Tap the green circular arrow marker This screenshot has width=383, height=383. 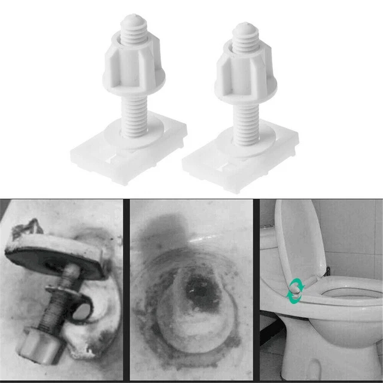pyautogui.click(x=295, y=290)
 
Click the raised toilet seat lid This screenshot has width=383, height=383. pyautogui.click(x=299, y=239)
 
